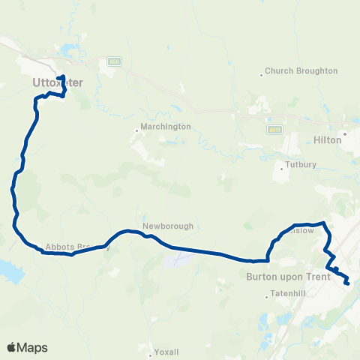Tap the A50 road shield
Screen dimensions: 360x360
113,62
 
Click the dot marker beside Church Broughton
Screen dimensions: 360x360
262,73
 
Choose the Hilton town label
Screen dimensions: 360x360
327,139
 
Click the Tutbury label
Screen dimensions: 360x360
301,164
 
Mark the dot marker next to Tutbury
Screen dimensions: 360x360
281,168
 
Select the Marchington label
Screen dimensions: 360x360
166,127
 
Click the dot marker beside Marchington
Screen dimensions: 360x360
136,130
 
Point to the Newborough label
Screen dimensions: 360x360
168,226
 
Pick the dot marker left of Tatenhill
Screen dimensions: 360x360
266,297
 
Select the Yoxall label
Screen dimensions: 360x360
166,351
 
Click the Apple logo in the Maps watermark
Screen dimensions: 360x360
12,347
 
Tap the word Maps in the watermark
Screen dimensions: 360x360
32,348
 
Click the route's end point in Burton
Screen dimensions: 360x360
347,283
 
